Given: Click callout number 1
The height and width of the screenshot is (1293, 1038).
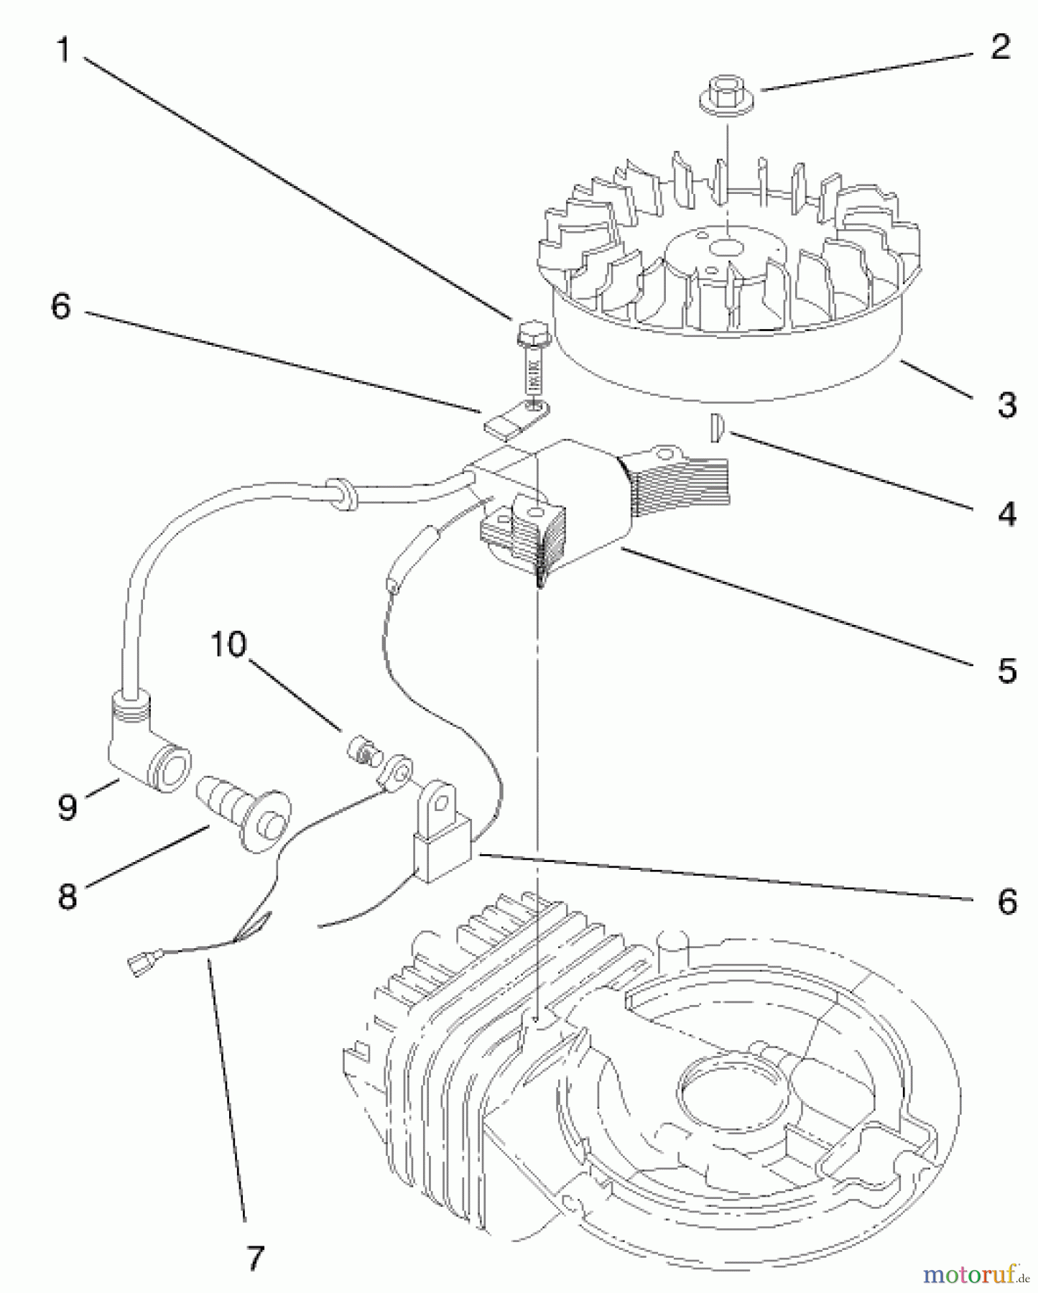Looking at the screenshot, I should [63, 50].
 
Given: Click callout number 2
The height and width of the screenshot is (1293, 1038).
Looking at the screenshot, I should [999, 47].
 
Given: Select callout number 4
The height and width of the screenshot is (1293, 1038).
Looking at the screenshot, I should [1007, 514].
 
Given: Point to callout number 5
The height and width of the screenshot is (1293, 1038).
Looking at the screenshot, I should [1007, 669].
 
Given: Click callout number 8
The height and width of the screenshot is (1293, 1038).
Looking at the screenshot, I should [67, 896].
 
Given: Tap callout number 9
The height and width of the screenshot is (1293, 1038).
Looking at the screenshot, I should [67, 806].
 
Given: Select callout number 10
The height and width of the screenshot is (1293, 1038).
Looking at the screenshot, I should [228, 644].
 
